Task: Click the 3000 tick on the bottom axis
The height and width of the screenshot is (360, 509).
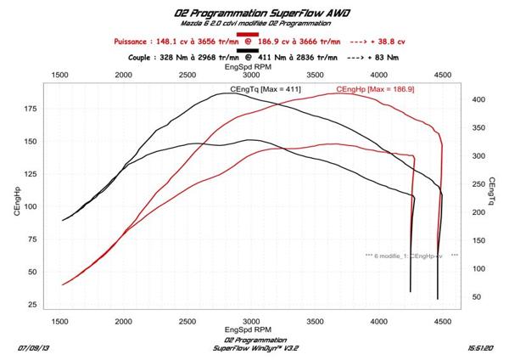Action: pyautogui.click(x=250, y=323)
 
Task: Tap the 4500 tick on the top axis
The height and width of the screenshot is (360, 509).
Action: pyautogui.click(x=441, y=75)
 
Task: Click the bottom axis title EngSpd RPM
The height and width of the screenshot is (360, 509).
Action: pyautogui.click(x=249, y=332)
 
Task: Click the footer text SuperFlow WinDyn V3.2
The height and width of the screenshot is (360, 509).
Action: pyautogui.click(x=250, y=348)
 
